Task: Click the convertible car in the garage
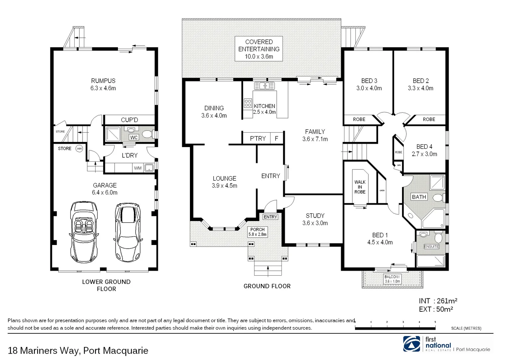pyautogui.click(x=84, y=231)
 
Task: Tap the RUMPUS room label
pyautogui.click(x=103, y=84)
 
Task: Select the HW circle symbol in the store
pyautogui.click(x=79, y=149)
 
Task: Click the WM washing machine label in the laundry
pyautogui.click(x=138, y=168)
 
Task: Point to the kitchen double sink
pyautogui.click(x=264, y=86)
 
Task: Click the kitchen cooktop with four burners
pyautogui.click(x=248, y=103)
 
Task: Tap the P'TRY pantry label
pyautogui.click(x=258, y=138)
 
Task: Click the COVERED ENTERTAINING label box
pyautogui.click(x=259, y=49)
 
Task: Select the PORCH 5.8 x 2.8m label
pyautogui.click(x=257, y=232)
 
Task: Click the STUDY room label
pyautogui.click(x=315, y=219)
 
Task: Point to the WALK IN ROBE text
pyautogui.click(x=360, y=187)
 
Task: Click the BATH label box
pyautogui.click(x=419, y=197)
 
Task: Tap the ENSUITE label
pyautogui.click(x=431, y=247)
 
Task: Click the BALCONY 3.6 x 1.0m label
pyautogui.click(x=392, y=279)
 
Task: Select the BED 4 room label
pyautogui.click(x=424, y=150)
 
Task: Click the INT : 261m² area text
pyautogui.click(x=438, y=301)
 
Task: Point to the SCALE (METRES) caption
pyautogui.click(x=466, y=328)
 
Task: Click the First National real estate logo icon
pyautogui.click(x=412, y=344)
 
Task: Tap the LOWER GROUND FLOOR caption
pyautogui.click(x=106, y=285)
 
